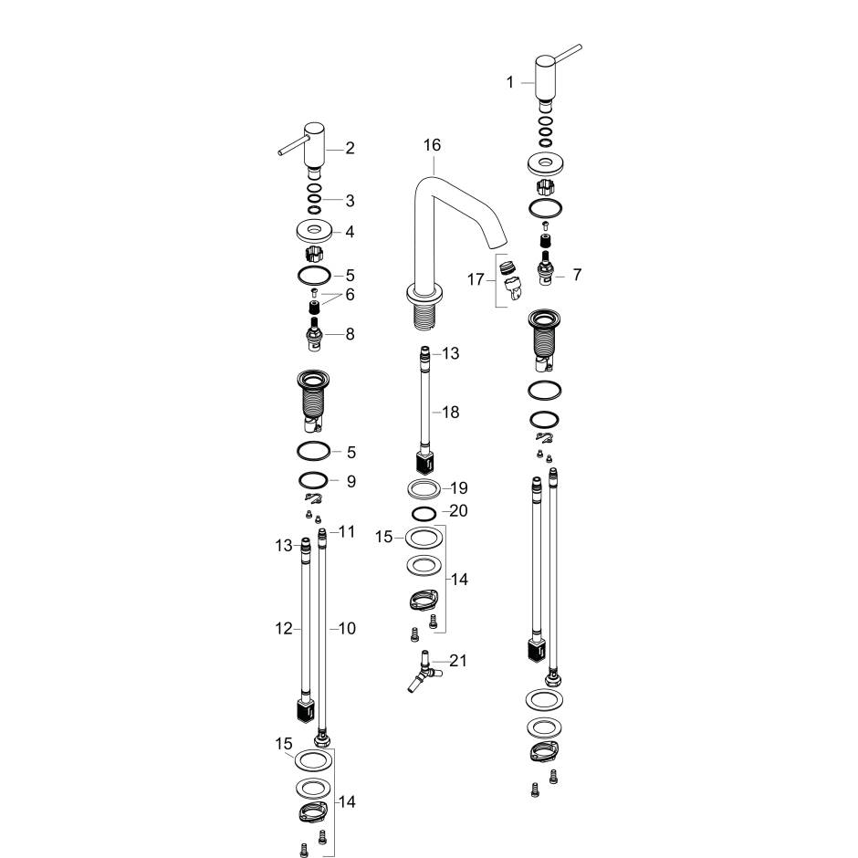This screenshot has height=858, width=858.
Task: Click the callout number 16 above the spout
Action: coord(432,145)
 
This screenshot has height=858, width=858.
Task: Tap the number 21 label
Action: coord(458,661)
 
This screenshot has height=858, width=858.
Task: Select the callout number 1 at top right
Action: coord(510,82)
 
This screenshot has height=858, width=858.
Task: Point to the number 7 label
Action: coord(577,274)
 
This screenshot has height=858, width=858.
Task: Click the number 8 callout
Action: coord(350,335)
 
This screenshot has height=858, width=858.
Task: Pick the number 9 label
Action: coord(351,481)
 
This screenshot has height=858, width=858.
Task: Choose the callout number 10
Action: coord(347,629)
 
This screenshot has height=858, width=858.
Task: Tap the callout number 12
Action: coord(284,629)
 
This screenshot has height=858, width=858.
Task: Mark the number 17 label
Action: coord(476,279)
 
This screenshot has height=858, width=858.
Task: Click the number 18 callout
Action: coord(450,413)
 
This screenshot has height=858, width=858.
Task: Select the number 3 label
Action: coord(350,201)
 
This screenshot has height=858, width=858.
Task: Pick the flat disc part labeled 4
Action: coord(313,231)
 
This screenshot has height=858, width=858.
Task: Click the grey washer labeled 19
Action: coord(423,488)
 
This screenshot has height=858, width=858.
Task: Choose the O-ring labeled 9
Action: coord(313,481)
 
